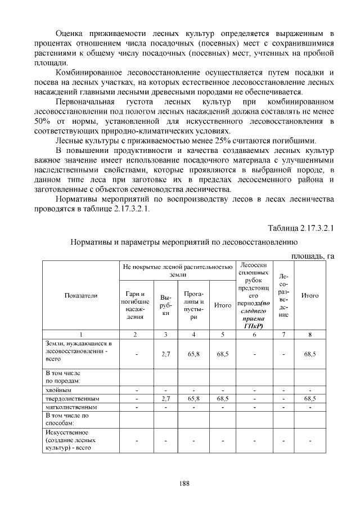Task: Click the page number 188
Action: [x=180, y=483]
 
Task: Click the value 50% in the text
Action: [x=42, y=120]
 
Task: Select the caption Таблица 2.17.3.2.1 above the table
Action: [x=301, y=229]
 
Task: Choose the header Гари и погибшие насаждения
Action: [x=135, y=305]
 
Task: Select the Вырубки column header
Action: [x=165, y=305]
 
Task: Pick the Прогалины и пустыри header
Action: [x=193, y=305]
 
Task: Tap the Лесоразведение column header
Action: [x=283, y=296]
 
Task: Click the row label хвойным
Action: [x=58, y=389]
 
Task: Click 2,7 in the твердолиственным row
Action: [x=165, y=398]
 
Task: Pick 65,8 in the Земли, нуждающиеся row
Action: [x=193, y=354]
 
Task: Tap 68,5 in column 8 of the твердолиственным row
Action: [x=310, y=398]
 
